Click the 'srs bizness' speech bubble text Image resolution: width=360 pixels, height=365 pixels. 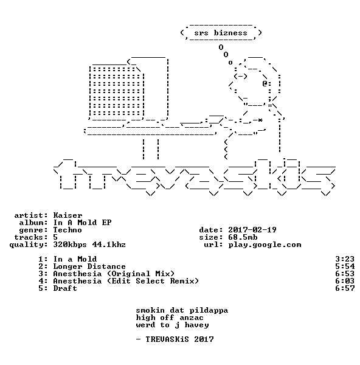[x=221, y=33]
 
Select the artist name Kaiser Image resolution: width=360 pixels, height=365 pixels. [x=67, y=215]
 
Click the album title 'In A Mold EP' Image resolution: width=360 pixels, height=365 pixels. [x=82, y=223]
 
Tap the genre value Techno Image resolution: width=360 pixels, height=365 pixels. [x=67, y=230]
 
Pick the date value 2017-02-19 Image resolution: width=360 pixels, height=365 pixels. [x=252, y=230]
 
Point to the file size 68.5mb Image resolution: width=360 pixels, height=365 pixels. [x=243, y=237]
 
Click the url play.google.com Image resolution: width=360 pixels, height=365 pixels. [x=265, y=245]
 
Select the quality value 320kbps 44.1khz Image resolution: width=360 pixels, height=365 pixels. [x=89, y=245]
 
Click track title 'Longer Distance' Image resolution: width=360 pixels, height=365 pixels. [x=89, y=266]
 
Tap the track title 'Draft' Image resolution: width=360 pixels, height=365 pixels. [x=65, y=288]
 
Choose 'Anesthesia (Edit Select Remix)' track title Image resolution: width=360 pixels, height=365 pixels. [x=126, y=281]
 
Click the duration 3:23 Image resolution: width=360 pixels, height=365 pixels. [x=345, y=259]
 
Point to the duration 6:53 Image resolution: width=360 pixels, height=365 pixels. [x=345, y=274]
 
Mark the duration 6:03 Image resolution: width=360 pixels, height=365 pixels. [x=345, y=281]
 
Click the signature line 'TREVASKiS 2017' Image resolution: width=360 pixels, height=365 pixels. [x=179, y=339]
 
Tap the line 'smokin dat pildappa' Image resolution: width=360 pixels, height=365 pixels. [x=182, y=310]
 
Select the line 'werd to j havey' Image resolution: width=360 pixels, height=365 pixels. [x=172, y=325]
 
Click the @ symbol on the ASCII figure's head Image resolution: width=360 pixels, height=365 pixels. [x=265, y=83]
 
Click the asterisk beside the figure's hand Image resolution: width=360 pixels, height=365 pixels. [x=260, y=120]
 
